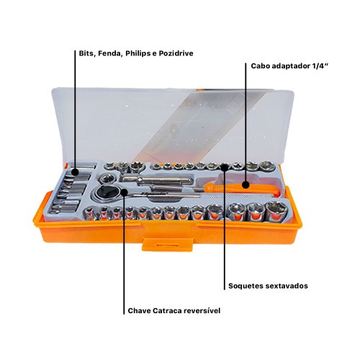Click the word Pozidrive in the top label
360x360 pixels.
pos(176,53)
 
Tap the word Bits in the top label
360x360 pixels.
pos(86,53)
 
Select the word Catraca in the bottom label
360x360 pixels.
pos(167,310)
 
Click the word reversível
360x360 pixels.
pos(202,310)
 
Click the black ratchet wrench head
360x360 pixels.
pos(104,192)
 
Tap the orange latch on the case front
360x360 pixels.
pos(168,245)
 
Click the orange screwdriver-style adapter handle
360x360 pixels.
pos(241,188)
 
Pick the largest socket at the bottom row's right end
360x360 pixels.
pos(276,211)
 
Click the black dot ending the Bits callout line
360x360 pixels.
pos(76,172)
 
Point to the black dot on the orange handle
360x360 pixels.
pos(246,185)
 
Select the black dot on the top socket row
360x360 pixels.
pos(225,167)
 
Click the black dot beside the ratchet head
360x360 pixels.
pos(124,192)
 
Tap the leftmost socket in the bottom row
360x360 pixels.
pos(89,213)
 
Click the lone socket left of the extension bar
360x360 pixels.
pos(107,179)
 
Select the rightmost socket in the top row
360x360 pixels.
pos(267,166)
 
